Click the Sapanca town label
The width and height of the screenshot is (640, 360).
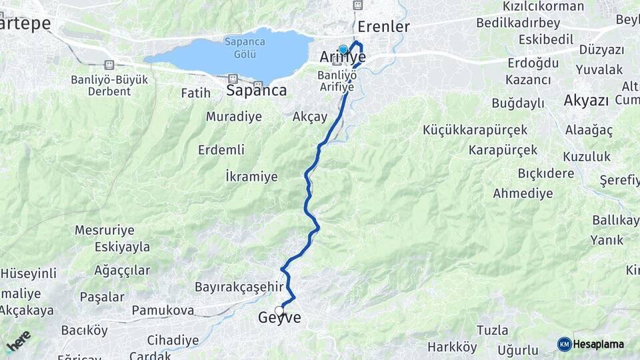point(257,91)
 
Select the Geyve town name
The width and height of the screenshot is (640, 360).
point(279,319)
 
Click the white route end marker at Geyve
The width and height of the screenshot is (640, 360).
point(279,310)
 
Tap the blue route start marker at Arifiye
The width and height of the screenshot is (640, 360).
point(343,49)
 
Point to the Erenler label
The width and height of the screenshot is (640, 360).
point(383,27)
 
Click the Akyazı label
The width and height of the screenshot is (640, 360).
point(587,101)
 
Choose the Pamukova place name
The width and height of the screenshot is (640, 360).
point(163,311)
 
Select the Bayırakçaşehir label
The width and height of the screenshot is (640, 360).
point(240,287)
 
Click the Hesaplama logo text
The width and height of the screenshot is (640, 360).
point(598,344)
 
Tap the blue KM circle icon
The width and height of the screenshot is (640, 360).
point(564,344)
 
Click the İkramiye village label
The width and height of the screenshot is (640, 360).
point(251,177)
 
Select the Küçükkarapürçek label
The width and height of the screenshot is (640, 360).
point(475,130)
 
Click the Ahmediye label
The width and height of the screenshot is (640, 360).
point(523,193)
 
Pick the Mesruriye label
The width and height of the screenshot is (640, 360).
point(104,230)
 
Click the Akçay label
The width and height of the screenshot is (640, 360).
point(310,117)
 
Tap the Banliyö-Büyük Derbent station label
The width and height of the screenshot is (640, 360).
point(110,85)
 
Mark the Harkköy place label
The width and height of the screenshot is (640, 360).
point(452,347)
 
